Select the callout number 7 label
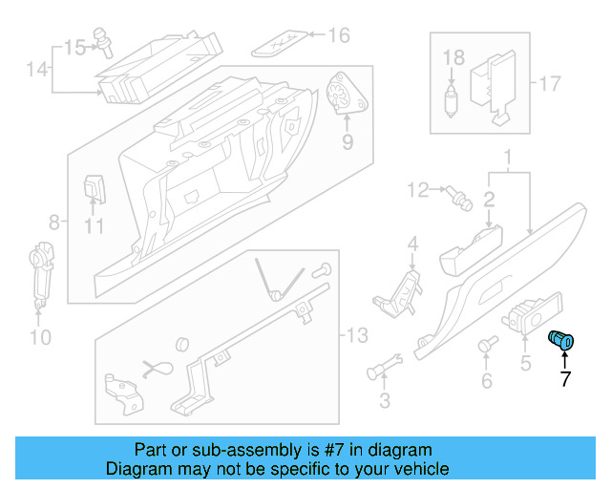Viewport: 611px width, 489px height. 564,379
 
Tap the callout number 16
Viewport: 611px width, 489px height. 339,36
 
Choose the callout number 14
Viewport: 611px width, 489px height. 36,69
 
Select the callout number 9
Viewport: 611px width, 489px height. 348,142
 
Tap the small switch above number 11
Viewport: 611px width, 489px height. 94,188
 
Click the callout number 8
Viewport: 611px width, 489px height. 54,223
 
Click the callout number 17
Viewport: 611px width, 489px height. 550,83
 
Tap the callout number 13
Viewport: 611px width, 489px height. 356,335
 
